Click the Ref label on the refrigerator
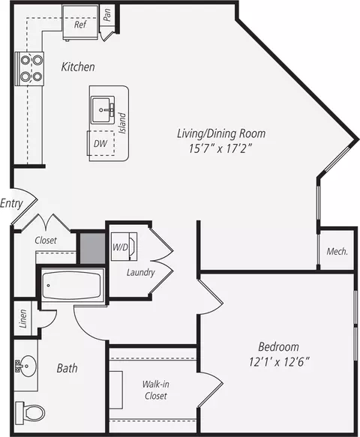tap(80, 25)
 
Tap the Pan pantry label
tap(106, 15)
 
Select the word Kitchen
tap(78, 67)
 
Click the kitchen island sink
tap(103, 110)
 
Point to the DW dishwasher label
tap(100, 143)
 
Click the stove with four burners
tap(30, 68)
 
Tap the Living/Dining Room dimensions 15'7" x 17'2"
tap(220, 149)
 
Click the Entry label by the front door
tap(11, 203)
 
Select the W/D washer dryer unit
tap(124, 247)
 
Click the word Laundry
tap(140, 272)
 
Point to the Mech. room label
tap(337, 251)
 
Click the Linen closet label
tap(23, 319)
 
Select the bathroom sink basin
tap(27, 366)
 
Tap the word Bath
tap(67, 368)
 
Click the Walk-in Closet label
tap(155, 390)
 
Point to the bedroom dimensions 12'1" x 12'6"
tap(280, 362)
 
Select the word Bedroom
tap(278, 347)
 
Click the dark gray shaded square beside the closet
tap(92, 248)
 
